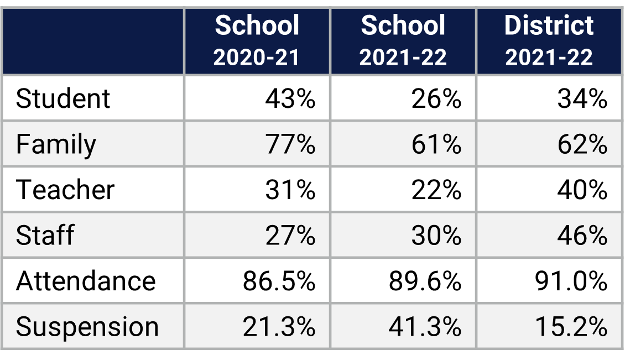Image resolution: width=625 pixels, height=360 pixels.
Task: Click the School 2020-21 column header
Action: click(x=257, y=41)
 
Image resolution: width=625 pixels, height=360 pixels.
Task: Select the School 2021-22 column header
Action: click(x=403, y=41)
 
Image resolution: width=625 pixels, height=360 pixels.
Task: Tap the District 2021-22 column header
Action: click(x=549, y=41)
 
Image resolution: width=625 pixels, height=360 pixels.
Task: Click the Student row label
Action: click(x=63, y=99)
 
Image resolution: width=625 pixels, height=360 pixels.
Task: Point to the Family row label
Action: click(x=56, y=144)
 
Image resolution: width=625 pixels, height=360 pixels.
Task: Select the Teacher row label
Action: click(x=65, y=190)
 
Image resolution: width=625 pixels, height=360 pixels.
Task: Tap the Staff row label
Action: click(x=45, y=235)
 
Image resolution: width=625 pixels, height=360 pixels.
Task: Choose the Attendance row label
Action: click(x=86, y=281)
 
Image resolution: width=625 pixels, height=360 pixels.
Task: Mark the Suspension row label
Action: click(x=87, y=327)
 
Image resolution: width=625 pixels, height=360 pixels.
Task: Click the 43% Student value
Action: click(x=290, y=99)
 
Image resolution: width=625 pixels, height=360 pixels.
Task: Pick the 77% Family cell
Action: click(x=290, y=144)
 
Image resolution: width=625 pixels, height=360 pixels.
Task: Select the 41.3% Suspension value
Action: click(x=425, y=327)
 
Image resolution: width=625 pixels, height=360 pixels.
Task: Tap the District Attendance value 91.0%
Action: click(x=571, y=281)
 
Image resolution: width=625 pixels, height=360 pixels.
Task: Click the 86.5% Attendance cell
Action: click(x=279, y=281)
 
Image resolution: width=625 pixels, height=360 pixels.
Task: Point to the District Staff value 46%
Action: click(x=582, y=235)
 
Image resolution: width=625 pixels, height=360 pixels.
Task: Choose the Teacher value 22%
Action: click(x=436, y=190)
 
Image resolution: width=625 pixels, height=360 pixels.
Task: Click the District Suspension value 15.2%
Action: click(x=571, y=327)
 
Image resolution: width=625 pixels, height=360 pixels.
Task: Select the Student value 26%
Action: click(x=436, y=99)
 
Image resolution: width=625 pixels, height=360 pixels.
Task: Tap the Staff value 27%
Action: click(x=290, y=235)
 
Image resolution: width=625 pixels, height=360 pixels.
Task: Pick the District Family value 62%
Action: click(x=582, y=144)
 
